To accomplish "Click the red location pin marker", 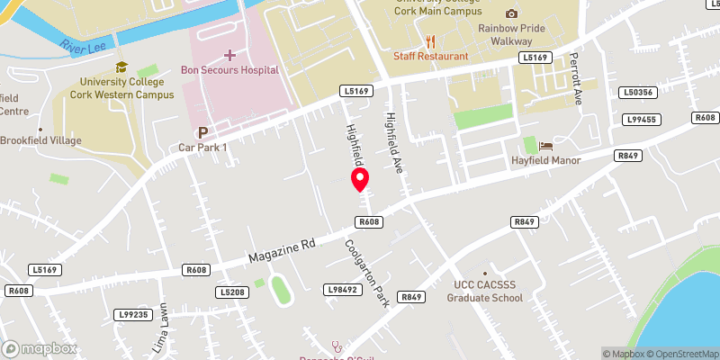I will pyautogui.click(x=361, y=179).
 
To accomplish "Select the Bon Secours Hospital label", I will pyautogui.click(x=229, y=70).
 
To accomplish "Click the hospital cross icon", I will pyautogui.click(x=229, y=56).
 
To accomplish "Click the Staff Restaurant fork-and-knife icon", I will pyautogui.click(x=430, y=41).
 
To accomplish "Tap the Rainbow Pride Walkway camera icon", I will pyautogui.click(x=512, y=13).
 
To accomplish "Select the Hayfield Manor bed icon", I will pyautogui.click(x=544, y=146).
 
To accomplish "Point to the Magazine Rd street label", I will pyautogui.click(x=282, y=251).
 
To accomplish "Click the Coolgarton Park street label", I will pyautogui.click(x=367, y=273).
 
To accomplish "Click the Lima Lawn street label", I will pyautogui.click(x=163, y=325).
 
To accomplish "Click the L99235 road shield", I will pyautogui.click(x=132, y=315).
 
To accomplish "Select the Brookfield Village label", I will pyautogui.click(x=40, y=140).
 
